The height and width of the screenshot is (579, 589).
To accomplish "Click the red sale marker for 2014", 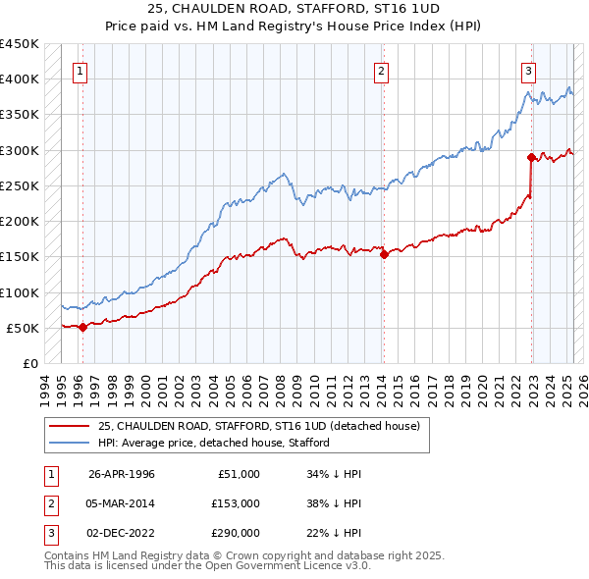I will pyautogui.click(x=384, y=254).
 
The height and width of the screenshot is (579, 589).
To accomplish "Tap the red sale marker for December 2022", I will pyautogui.click(x=531, y=157).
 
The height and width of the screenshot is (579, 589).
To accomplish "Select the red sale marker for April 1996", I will pyautogui.click(x=82, y=328).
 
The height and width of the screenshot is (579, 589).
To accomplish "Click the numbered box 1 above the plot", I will pyautogui.click(x=79, y=70).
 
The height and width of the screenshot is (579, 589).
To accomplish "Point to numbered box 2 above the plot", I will pyautogui.click(x=381, y=70).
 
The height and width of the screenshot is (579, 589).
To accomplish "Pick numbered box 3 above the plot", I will pyautogui.click(x=528, y=70).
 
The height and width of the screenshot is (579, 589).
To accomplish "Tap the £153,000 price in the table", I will pyautogui.click(x=237, y=503).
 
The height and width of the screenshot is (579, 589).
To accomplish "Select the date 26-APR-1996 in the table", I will pyautogui.click(x=122, y=474).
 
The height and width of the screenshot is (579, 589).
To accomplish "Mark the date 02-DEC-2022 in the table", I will pyautogui.click(x=122, y=533).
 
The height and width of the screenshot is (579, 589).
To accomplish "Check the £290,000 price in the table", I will pyautogui.click(x=237, y=533).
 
